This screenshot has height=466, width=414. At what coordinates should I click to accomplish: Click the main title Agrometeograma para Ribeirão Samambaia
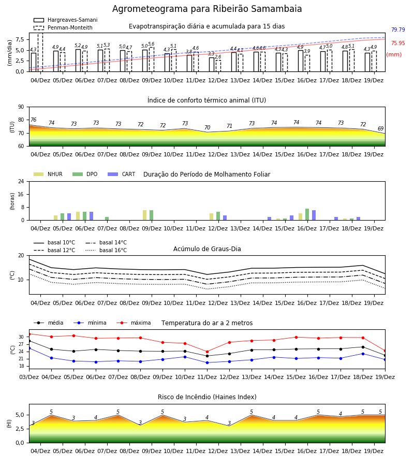(207, 9)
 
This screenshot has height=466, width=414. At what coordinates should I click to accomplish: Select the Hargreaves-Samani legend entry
(66, 20)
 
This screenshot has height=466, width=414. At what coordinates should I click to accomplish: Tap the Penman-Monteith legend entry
(63, 27)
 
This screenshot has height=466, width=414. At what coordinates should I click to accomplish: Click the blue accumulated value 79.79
(398, 30)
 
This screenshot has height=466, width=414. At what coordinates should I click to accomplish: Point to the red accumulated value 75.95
(398, 43)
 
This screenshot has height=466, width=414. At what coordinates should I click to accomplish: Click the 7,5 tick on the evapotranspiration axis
(20, 39)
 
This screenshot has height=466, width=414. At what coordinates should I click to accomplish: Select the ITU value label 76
(33, 120)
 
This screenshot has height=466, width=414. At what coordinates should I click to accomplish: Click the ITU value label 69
(380, 129)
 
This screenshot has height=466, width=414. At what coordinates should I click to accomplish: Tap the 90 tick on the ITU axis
(21, 107)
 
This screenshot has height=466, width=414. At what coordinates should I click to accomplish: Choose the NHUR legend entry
(48, 174)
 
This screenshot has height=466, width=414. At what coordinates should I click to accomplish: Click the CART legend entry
(122, 174)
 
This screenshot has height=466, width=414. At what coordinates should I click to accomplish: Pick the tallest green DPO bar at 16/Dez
(307, 214)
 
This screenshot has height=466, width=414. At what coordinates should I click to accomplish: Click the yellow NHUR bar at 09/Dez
(144, 215)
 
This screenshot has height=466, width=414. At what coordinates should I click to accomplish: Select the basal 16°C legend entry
(106, 250)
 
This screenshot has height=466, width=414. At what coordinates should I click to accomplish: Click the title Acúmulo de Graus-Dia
(207, 249)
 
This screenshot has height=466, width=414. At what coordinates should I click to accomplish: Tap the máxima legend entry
(134, 323)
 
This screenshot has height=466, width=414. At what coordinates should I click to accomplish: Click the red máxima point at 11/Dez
(207, 352)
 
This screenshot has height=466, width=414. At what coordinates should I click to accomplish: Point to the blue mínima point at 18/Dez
(363, 354)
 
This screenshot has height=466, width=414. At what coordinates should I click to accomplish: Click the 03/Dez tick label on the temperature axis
(29, 377)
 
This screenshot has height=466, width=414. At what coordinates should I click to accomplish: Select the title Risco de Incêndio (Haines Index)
(207, 397)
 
